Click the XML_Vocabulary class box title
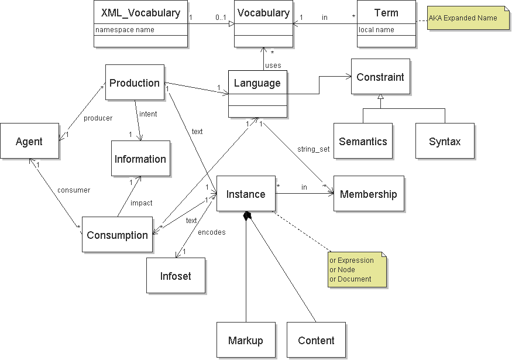pos(140,12)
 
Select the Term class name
pos(386,12)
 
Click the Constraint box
pos(380,77)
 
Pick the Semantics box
pos(363,141)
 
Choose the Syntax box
pos(445,141)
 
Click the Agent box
pos(29,141)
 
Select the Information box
pos(140,159)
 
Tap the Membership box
pos(368,194)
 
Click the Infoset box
pos(176,276)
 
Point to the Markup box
pos(246,340)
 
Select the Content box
pos(316,340)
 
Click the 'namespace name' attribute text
pos(125,30)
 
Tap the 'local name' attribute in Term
pos(376,30)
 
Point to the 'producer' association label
pos(98,118)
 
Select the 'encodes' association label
pos(212,232)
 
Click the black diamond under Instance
pos(248,216)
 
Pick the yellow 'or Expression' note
pos(357,269)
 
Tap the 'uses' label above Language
pos(273,65)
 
